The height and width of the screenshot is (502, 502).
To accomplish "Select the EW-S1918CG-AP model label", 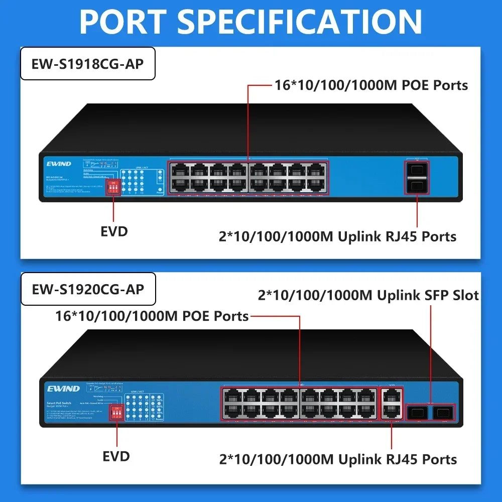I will tap(87, 64).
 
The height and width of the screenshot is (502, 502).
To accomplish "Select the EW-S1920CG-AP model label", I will tap(88, 289).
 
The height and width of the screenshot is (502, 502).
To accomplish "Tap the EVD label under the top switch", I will tap(114, 231).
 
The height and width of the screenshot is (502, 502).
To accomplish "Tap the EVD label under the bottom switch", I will tap(116, 456).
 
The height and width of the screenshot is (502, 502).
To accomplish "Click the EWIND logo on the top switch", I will tap(59, 164).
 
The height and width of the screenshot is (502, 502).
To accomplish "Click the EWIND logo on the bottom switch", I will tap(63, 389).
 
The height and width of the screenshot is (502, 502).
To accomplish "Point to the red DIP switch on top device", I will tap(114, 187).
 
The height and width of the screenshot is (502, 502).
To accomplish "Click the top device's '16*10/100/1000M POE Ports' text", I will tap(371, 85).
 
